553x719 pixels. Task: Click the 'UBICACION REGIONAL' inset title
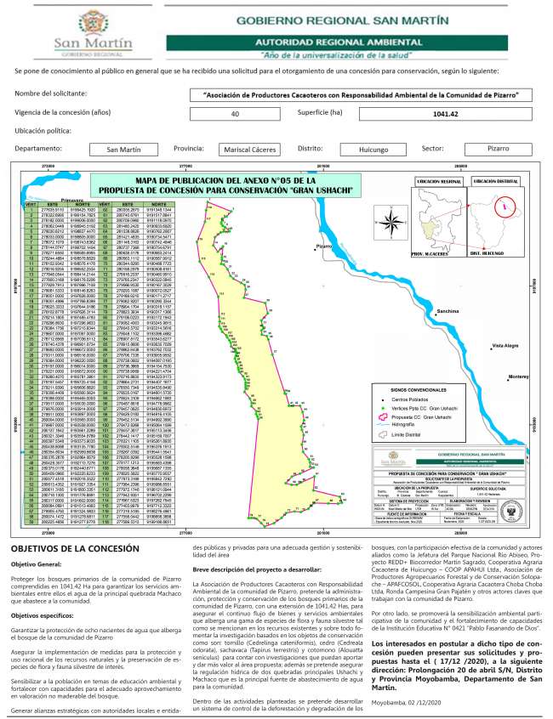point(438,181)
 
